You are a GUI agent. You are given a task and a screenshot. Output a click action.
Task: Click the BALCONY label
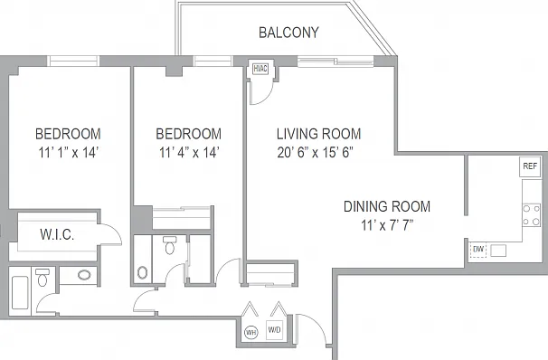[288, 33]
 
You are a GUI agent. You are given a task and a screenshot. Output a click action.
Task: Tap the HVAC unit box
[260, 69]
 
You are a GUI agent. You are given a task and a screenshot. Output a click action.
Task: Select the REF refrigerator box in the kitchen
[530, 166]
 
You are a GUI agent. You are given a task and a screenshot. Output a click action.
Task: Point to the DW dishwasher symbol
[478, 250]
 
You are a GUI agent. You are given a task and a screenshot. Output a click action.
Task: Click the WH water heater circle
[250, 332]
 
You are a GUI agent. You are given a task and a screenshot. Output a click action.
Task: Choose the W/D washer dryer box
[274, 330]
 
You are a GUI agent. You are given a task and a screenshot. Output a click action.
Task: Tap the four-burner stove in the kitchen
[531, 215]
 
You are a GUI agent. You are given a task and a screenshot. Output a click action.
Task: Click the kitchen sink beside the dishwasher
[498, 251]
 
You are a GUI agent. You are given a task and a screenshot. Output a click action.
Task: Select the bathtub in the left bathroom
[20, 292]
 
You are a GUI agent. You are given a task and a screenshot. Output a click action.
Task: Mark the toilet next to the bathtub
[43, 277]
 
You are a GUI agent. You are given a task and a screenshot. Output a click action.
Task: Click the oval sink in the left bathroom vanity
[84, 275]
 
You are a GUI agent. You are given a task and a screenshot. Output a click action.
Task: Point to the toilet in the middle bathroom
[170, 245]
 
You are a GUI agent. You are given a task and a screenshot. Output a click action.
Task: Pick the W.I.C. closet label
[57, 234]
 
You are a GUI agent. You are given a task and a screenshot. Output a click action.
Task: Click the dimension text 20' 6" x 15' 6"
[315, 152]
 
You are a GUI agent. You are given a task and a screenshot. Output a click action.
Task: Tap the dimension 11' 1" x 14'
[69, 152]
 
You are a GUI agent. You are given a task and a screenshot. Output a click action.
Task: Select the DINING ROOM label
[387, 206]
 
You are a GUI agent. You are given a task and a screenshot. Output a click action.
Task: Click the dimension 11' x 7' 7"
[387, 225]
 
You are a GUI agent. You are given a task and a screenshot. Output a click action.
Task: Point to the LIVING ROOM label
[318, 134]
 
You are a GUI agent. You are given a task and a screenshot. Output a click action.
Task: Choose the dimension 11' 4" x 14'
[189, 152]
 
